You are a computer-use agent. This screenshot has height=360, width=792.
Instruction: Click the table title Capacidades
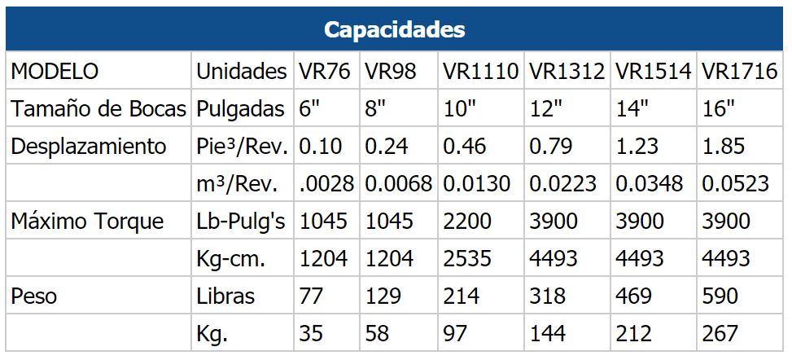coord(395,30)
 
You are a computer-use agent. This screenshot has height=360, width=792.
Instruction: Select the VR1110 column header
coord(480,72)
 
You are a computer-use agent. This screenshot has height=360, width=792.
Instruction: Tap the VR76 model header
coord(325,72)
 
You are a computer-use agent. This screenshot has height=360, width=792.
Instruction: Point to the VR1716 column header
coord(739,72)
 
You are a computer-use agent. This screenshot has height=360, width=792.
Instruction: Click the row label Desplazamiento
coord(89,147)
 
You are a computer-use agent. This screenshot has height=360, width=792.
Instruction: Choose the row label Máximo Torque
coord(87,222)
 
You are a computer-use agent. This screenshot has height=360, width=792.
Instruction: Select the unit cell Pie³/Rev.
coord(242,147)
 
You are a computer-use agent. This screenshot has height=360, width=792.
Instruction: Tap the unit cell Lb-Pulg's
coord(241,222)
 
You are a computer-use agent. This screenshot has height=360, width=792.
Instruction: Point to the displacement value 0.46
coord(465,147)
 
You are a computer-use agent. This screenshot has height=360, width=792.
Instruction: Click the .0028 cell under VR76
coord(327,184)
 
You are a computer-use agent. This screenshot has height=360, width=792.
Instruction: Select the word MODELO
coord(54,72)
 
